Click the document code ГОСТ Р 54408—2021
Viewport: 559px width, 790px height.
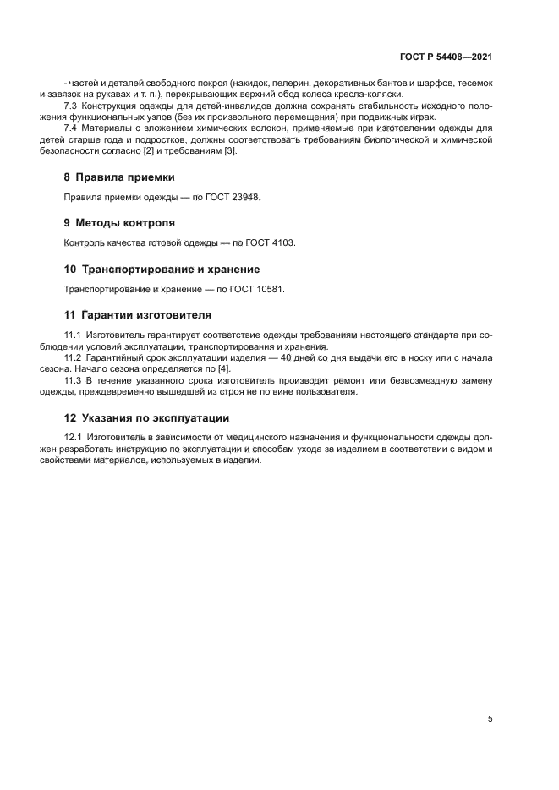coord(446,58)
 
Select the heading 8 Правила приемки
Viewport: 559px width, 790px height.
coord(119,177)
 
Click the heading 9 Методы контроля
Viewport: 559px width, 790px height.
coord(119,223)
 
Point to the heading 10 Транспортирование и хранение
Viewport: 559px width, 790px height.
coord(162,270)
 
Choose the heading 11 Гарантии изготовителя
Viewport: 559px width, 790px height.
coord(138,315)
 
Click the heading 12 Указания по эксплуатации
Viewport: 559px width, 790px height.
coord(146,417)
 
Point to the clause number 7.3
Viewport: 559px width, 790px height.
coord(72,106)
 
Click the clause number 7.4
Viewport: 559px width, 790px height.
coord(72,128)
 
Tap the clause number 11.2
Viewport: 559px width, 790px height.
coord(74,358)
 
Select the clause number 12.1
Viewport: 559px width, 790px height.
coord(74,438)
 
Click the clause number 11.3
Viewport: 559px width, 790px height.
coord(74,380)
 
